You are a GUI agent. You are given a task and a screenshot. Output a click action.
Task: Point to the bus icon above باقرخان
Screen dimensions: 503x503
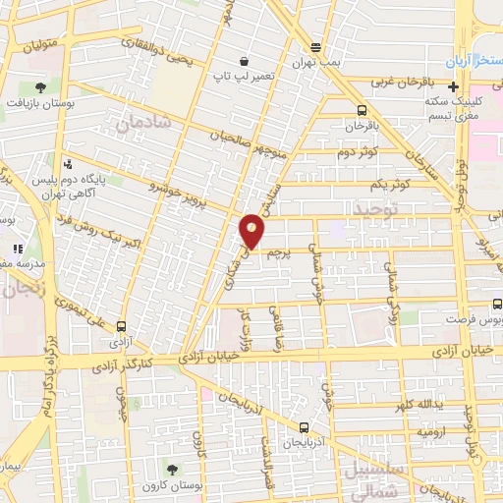(363, 110)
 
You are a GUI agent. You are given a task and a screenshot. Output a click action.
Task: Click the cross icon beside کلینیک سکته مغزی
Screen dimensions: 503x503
(453, 86)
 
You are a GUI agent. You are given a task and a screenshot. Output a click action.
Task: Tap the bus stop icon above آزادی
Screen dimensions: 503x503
(122, 325)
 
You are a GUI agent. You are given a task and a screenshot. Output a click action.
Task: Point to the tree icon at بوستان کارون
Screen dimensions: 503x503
(173, 468)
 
